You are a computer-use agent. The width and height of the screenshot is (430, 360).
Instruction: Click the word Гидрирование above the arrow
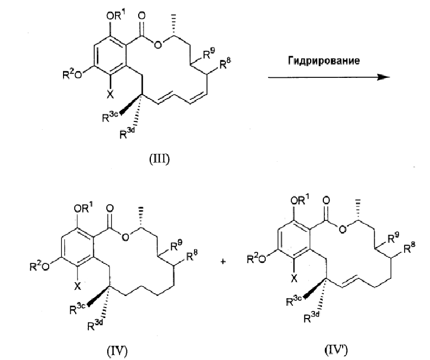point(323,61)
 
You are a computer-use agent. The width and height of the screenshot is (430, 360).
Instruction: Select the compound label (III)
point(159,159)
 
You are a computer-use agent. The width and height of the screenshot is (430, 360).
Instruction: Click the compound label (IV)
point(117,351)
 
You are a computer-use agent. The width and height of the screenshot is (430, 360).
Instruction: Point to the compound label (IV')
point(336,350)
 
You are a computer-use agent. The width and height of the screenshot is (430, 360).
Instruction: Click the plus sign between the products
point(223,262)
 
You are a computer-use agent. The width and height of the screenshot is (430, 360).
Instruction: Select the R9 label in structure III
point(209,54)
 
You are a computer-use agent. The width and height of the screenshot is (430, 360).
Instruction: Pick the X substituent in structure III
point(109,94)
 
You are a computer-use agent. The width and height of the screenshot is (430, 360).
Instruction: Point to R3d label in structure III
point(127,133)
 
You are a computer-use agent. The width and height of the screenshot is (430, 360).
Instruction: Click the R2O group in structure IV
point(39,265)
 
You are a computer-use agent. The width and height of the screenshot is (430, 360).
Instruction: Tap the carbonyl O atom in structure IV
point(109,208)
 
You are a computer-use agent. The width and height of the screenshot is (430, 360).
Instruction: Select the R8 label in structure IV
point(192,256)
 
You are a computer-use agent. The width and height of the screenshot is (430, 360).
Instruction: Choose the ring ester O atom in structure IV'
point(342,229)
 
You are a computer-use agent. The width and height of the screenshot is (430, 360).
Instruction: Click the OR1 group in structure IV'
point(301,200)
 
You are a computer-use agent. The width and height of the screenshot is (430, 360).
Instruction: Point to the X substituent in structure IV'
point(293,279)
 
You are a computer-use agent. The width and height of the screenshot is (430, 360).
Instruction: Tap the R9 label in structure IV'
point(394,238)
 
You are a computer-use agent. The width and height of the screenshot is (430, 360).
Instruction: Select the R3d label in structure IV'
point(312,317)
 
